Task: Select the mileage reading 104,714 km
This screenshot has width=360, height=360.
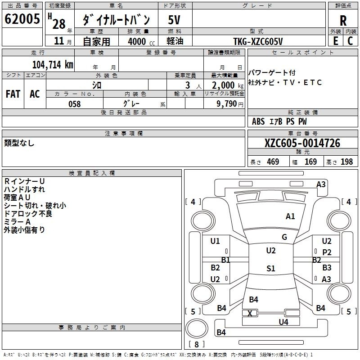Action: click(x=53, y=64)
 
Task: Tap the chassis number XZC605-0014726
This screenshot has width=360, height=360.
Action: click(x=302, y=143)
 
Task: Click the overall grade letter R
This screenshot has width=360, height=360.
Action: click(x=343, y=21)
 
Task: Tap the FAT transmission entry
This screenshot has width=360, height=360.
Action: click(x=13, y=94)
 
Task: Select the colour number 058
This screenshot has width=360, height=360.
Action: click(x=74, y=104)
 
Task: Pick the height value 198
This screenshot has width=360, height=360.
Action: click(x=346, y=162)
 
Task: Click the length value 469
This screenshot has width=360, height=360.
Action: click(x=273, y=162)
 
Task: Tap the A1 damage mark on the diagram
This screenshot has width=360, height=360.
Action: click(x=290, y=216)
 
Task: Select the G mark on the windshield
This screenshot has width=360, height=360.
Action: click(x=284, y=237)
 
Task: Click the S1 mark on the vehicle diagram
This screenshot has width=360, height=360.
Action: click(x=270, y=269)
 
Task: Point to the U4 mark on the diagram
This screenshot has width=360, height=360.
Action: click(x=283, y=322)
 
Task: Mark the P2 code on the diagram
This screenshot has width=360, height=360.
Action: click(x=327, y=252)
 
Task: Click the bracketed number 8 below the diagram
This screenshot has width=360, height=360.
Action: click(x=196, y=344)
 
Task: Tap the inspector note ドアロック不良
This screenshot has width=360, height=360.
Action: click(x=28, y=214)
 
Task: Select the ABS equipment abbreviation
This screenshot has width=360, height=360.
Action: click(x=258, y=121)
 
